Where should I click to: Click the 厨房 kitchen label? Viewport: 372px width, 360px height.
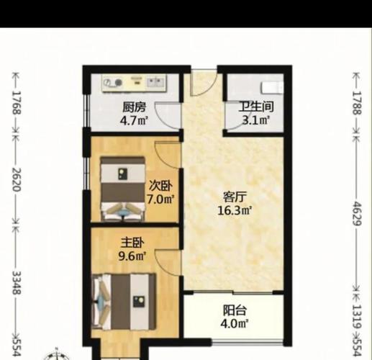(134, 107)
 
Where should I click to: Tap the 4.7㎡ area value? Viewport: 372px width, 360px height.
(134, 120)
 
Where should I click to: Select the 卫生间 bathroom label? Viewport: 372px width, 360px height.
(256, 107)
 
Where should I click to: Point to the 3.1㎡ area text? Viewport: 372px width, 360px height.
(256, 120)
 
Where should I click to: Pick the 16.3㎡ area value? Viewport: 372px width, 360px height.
(235, 210)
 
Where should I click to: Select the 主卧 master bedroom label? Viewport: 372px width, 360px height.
(132, 243)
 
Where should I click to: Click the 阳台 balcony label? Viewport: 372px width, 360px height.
(235, 310)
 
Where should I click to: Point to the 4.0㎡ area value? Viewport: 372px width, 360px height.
(235, 324)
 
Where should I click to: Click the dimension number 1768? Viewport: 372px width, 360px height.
(17, 102)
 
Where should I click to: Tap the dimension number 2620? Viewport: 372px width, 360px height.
(17, 179)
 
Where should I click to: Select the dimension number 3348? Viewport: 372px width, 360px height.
(17, 283)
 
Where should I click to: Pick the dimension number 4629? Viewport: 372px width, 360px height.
(357, 214)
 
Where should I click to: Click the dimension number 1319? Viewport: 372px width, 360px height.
(357, 316)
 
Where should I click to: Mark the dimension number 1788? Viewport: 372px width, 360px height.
(357, 103)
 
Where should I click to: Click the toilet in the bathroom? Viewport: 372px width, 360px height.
(273, 87)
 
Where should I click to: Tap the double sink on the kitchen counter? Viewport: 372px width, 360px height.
(156, 83)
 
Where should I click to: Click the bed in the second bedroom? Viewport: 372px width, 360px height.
(123, 189)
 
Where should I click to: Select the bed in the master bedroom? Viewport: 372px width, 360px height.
(124, 302)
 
